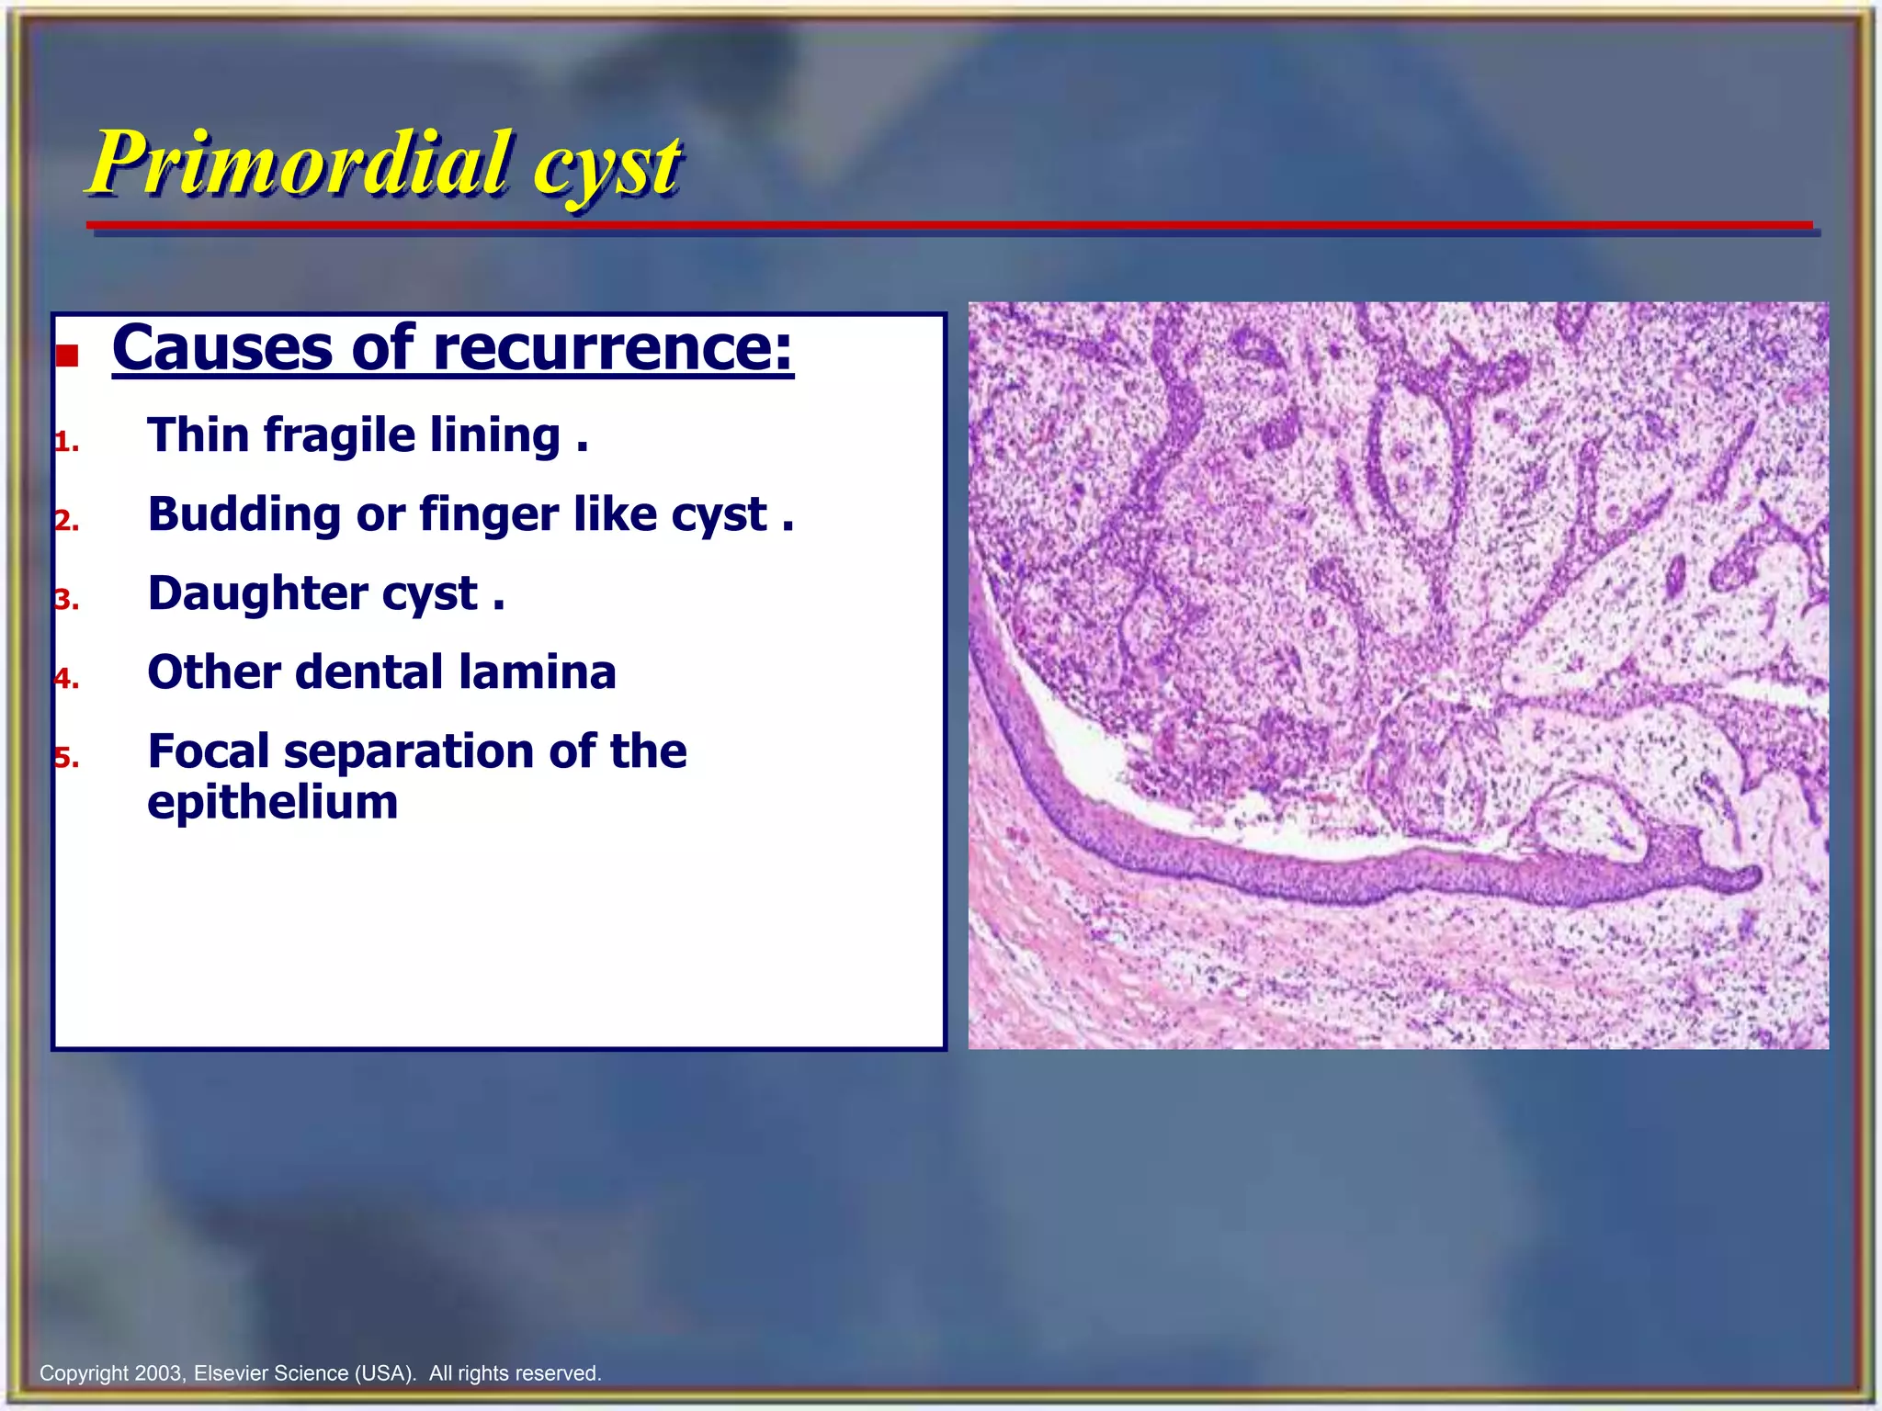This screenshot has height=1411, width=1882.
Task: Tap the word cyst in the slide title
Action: (x=607, y=167)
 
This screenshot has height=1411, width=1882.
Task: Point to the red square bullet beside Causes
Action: (x=67, y=356)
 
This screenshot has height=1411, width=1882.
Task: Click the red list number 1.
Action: (x=65, y=443)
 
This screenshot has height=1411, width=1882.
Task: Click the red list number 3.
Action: (x=66, y=600)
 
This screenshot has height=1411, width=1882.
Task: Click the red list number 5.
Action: (x=66, y=758)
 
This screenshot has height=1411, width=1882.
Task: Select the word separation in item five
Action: (x=410, y=751)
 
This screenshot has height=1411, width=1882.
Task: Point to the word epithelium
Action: (x=273, y=802)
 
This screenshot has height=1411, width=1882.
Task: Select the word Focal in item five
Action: (x=209, y=751)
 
